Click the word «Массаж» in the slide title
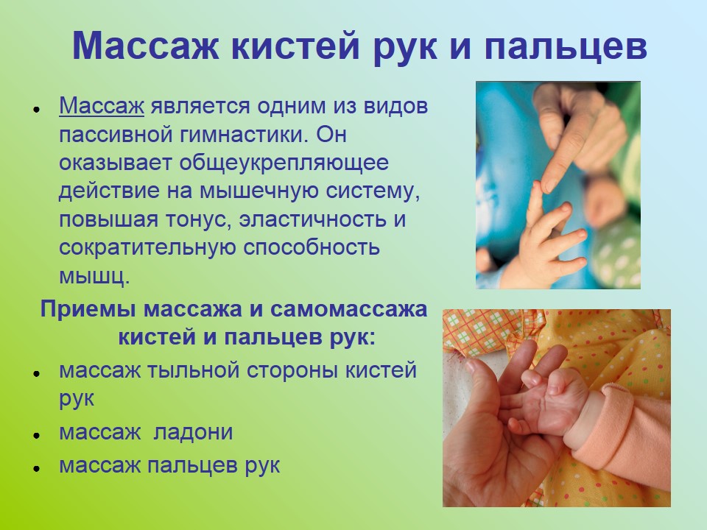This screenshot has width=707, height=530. point(146,46)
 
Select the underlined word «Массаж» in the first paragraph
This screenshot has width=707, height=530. point(102,106)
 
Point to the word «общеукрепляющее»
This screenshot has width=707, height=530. point(284,163)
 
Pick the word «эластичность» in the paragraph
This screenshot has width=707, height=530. point(313,219)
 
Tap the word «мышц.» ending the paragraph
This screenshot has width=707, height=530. point(94,277)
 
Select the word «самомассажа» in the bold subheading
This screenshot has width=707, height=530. point(348,310)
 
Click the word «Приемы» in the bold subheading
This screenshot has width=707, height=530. point(89,310)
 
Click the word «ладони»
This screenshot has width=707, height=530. point(194,432)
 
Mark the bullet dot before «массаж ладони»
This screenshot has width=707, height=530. point(37,435)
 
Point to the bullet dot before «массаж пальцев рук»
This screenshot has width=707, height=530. point(37,468)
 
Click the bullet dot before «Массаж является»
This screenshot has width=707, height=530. point(37,110)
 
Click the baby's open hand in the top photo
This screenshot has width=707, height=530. point(548,239)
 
